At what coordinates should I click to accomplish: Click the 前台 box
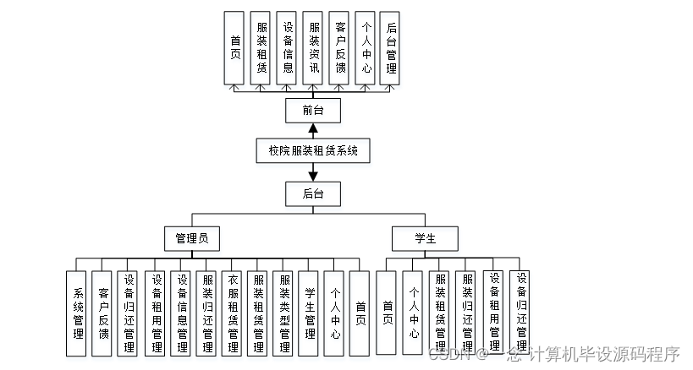(x=313, y=111)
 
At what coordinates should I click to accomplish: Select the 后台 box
(x=313, y=193)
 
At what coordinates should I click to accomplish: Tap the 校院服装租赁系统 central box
(x=313, y=151)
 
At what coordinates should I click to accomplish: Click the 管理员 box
(x=191, y=238)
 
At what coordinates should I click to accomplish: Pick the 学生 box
(x=425, y=238)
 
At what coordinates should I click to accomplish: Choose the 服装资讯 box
(x=313, y=47)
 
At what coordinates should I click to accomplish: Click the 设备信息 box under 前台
(x=288, y=47)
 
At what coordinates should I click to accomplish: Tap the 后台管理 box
(x=390, y=47)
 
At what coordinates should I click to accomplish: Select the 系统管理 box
(x=77, y=312)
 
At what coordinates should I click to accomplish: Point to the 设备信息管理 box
(x=181, y=312)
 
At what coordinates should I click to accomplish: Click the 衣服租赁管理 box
(x=234, y=312)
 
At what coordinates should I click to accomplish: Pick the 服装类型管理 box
(x=285, y=312)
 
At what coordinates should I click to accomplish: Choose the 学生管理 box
(x=311, y=312)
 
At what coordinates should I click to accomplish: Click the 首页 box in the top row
(x=235, y=47)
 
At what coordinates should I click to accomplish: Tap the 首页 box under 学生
(x=387, y=312)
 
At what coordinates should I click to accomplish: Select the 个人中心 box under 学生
(x=413, y=312)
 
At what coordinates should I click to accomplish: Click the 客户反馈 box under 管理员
(x=103, y=312)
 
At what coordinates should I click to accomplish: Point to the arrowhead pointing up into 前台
(x=313, y=131)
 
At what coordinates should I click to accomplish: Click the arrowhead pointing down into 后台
(x=313, y=175)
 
